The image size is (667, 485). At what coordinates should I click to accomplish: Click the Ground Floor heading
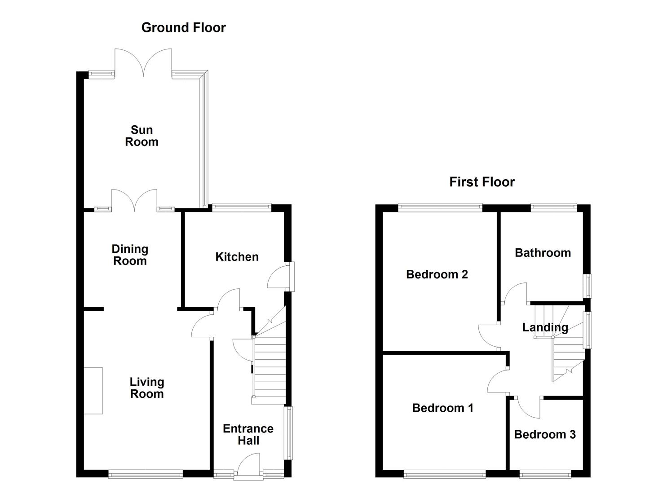pyautogui.click(x=183, y=28)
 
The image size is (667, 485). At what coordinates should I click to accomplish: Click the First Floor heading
pyautogui.click(x=481, y=182)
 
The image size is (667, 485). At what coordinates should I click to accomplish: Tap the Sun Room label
pyautogui.click(x=141, y=136)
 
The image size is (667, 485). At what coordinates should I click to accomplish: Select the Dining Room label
pyautogui.click(x=130, y=255)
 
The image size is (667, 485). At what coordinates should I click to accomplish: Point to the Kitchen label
pyautogui.click(x=237, y=257)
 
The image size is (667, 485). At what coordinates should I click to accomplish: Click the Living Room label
pyautogui.click(x=146, y=388)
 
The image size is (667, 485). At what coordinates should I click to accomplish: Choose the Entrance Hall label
pyautogui.click(x=248, y=435)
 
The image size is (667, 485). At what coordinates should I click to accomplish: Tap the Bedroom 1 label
pyautogui.click(x=442, y=408)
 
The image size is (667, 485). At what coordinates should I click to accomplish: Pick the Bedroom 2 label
pyautogui.click(x=437, y=274)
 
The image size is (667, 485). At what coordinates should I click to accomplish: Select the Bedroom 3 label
pyautogui.click(x=544, y=434)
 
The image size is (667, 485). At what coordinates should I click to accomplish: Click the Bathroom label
pyautogui.click(x=543, y=253)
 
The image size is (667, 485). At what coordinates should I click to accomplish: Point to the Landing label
pyautogui.click(x=545, y=328)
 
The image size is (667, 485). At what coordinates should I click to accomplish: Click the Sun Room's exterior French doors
pyautogui.click(x=143, y=63)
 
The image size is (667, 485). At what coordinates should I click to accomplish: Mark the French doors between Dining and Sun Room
pyautogui.click(x=134, y=201)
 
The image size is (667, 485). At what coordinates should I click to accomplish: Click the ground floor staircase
pyautogui.click(x=269, y=368)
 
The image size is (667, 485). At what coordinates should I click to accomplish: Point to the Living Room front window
pyautogui.click(x=146, y=473)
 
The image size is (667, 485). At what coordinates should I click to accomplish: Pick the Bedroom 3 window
pyautogui.click(x=545, y=473)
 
